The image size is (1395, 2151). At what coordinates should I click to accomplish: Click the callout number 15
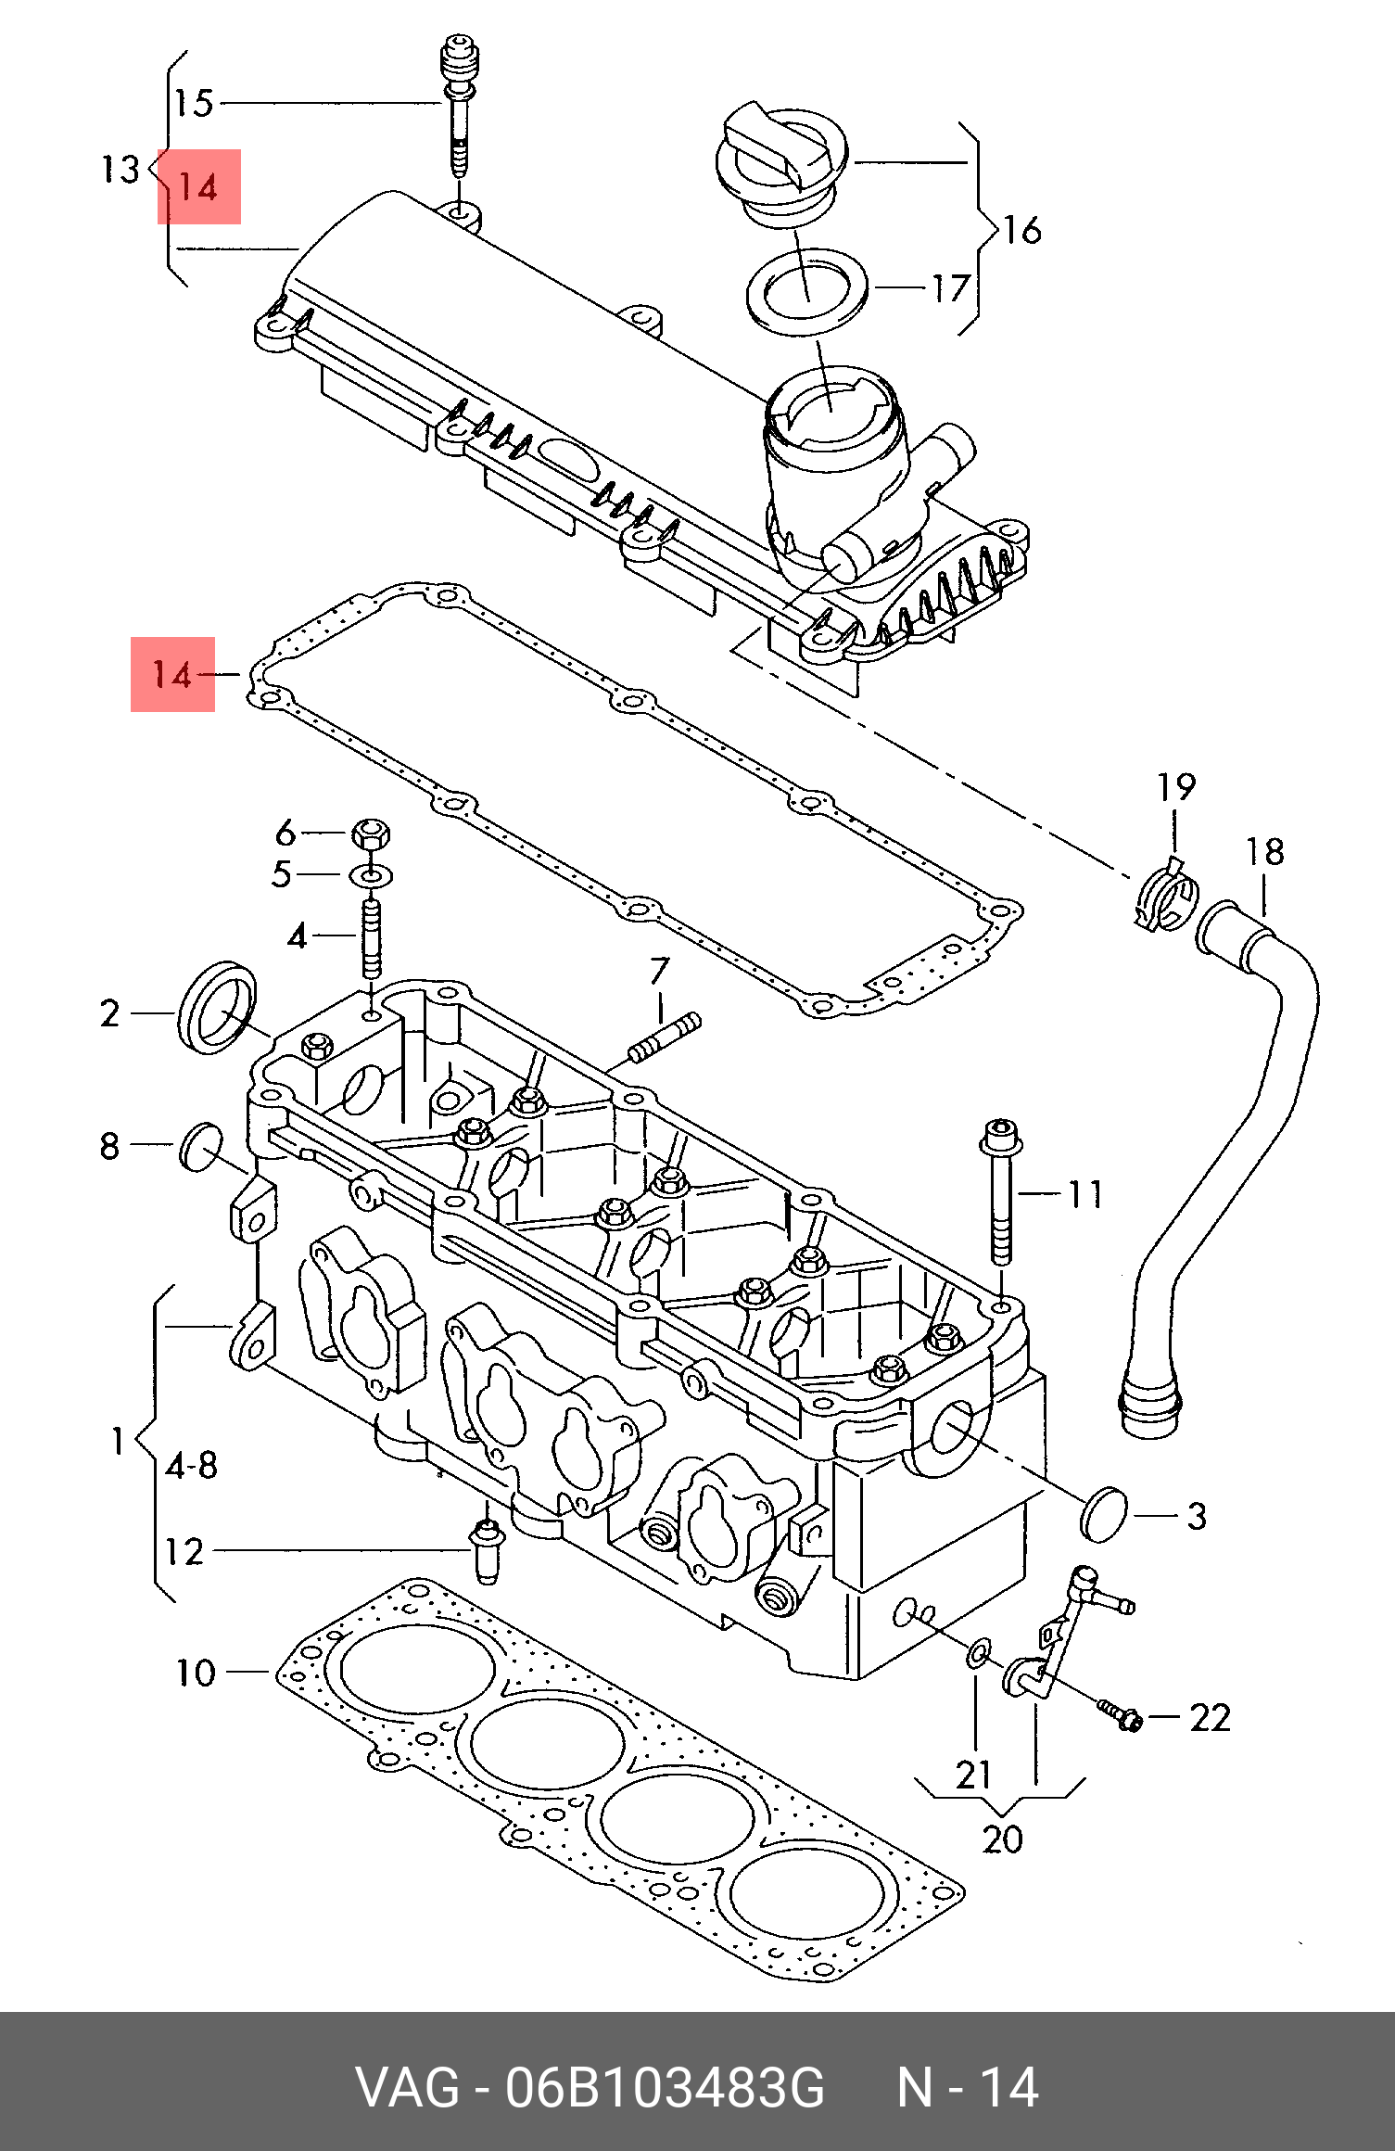pyautogui.click(x=195, y=103)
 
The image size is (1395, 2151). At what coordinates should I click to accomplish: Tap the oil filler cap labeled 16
pyautogui.click(x=780, y=165)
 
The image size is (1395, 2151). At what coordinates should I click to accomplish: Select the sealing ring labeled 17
pyautogui.click(x=806, y=291)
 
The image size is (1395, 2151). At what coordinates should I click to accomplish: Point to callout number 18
pyautogui.click(x=1265, y=852)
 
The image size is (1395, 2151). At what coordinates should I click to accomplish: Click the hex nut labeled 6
pyautogui.click(x=371, y=834)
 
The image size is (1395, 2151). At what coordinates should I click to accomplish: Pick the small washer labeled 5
pyautogui.click(x=371, y=874)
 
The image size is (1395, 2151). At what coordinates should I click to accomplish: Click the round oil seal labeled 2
pyautogui.click(x=218, y=1008)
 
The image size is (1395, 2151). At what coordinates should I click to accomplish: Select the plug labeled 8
pyautogui.click(x=201, y=1147)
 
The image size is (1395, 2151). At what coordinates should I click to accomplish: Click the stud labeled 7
pyautogui.click(x=664, y=1037)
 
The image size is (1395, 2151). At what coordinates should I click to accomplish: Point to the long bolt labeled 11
pyautogui.click(x=1001, y=1191)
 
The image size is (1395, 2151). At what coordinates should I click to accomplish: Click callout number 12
pyautogui.click(x=184, y=1552)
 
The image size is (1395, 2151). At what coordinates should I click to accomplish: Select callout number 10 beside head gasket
pyautogui.click(x=196, y=1674)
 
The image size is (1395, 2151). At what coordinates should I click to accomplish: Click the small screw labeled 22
pyautogui.click(x=1120, y=1713)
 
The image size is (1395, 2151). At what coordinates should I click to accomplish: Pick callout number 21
pyautogui.click(x=974, y=1776)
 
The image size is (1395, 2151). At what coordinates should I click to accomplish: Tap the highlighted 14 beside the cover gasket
pyautogui.click(x=172, y=674)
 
